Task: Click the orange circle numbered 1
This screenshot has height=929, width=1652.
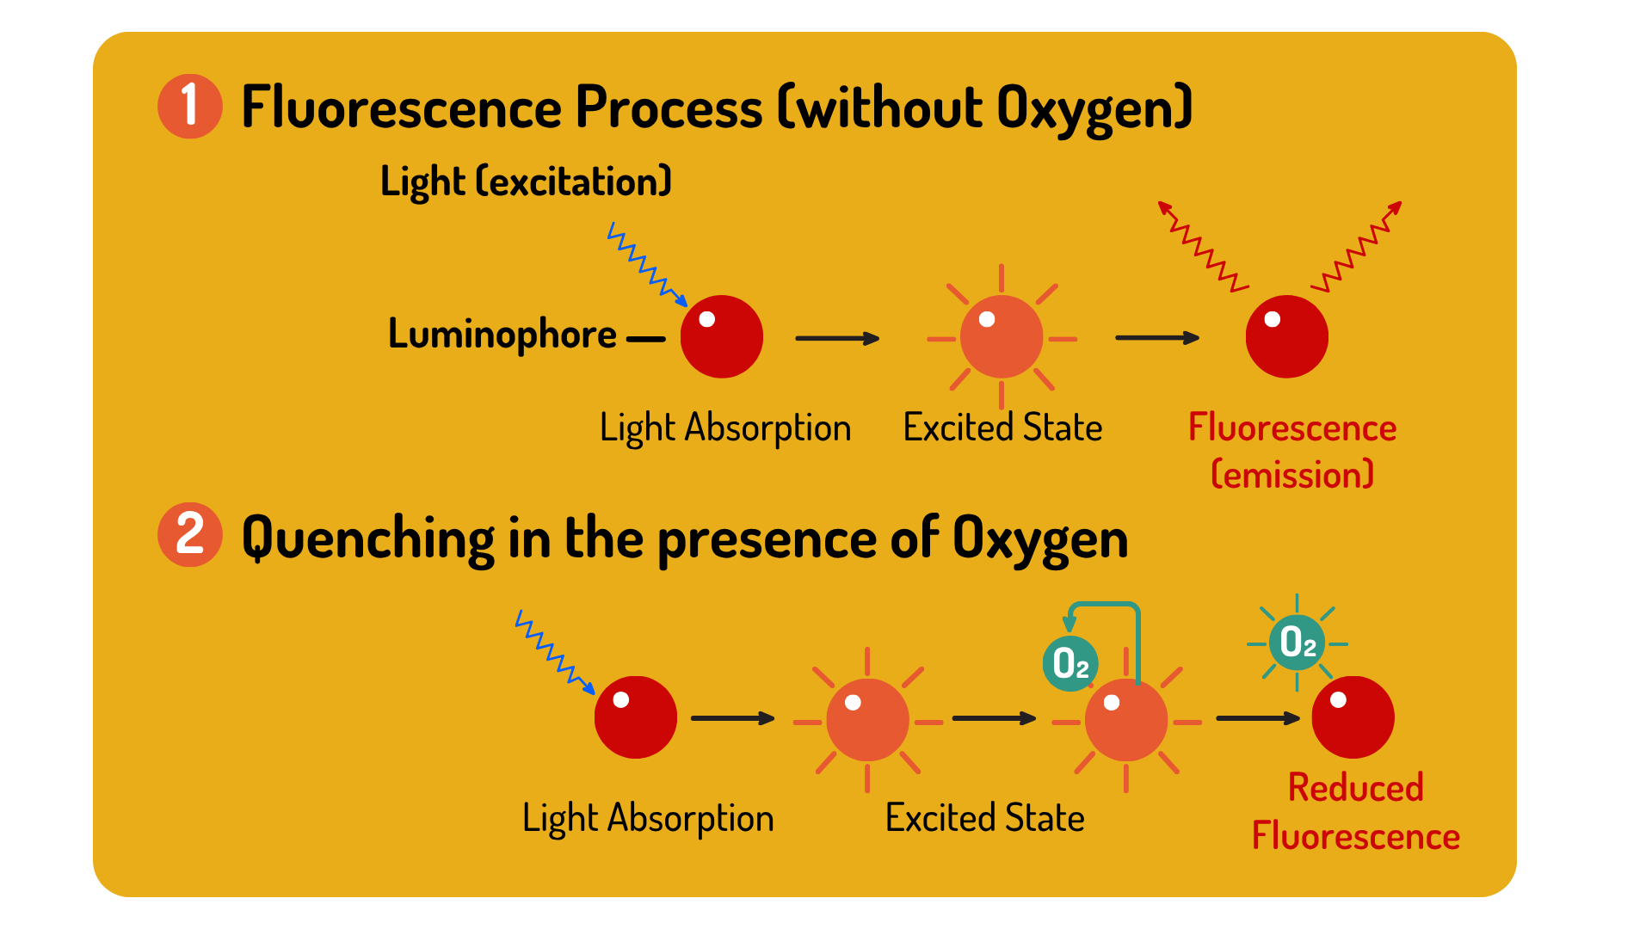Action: tap(190, 107)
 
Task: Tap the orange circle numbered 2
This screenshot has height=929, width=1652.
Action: tap(190, 534)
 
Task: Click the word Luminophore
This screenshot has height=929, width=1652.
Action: tap(502, 335)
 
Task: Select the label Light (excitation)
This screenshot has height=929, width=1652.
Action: tap(526, 181)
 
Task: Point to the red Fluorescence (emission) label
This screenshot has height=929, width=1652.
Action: tap(1292, 451)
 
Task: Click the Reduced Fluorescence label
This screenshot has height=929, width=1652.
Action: tap(1356, 811)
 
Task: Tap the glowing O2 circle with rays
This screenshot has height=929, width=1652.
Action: tap(1298, 643)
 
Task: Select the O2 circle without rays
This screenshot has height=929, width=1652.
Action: tap(1070, 663)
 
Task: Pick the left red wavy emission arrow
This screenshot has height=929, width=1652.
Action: tap(1202, 247)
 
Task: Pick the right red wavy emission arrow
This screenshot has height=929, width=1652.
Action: tap(1357, 247)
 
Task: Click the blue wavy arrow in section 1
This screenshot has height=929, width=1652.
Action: tap(647, 264)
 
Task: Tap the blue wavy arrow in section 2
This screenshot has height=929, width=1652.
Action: tap(555, 651)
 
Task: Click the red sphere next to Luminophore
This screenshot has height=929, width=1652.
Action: tap(722, 336)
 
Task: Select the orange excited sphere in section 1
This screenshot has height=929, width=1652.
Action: tap(1002, 337)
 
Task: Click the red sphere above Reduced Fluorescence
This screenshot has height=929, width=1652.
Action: tap(1353, 717)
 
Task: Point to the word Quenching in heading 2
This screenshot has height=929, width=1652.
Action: tap(368, 539)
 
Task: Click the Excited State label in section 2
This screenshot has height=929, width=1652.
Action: tap(985, 818)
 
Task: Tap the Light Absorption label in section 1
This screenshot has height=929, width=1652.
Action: tap(725, 428)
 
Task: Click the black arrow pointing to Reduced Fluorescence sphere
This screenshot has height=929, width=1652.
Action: tap(1258, 717)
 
